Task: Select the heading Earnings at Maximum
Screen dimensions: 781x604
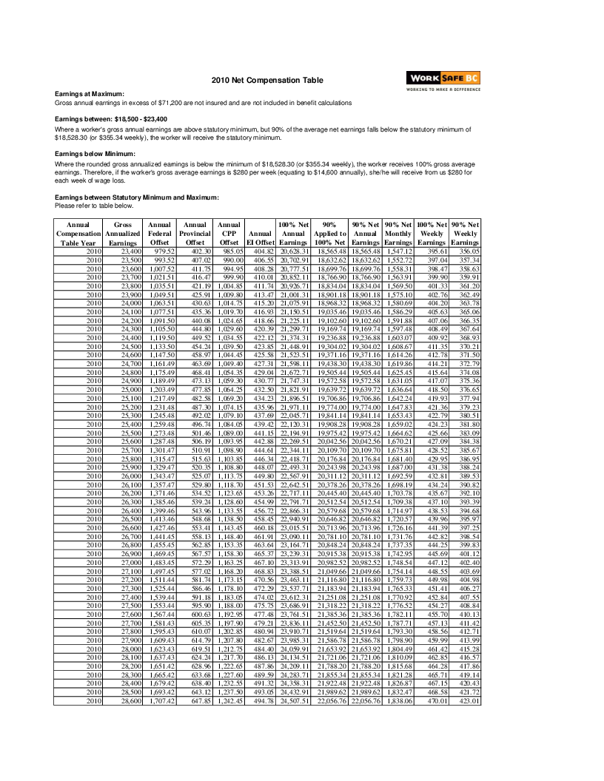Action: coord(90,94)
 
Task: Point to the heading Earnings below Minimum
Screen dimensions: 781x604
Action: coord(95,153)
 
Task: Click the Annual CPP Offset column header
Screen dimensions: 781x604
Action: coord(229,232)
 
